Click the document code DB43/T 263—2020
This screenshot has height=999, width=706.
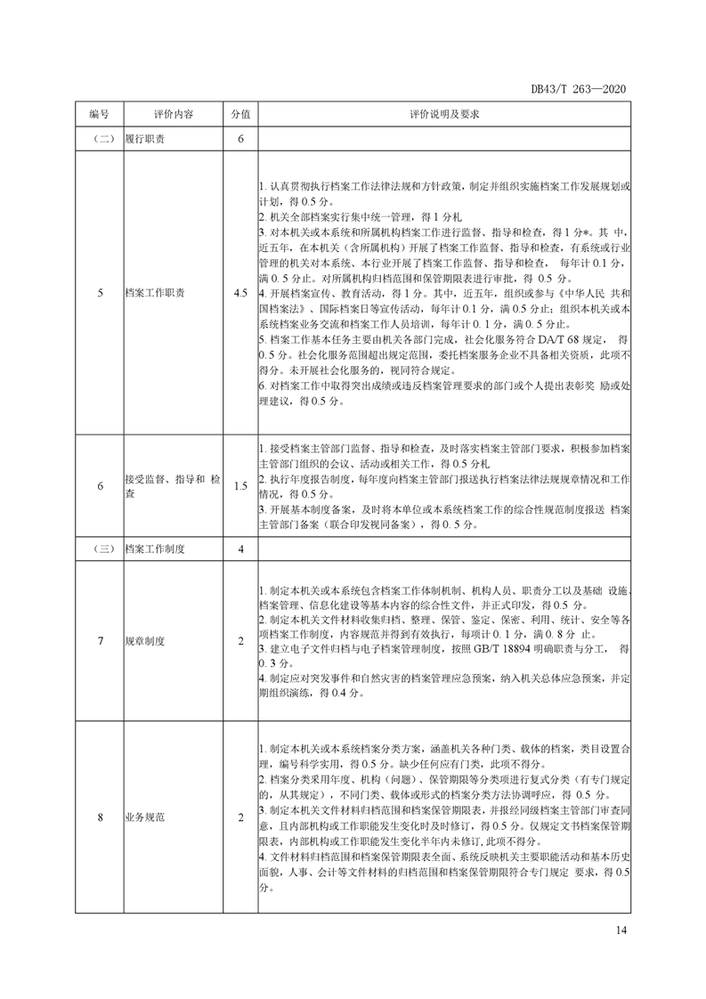(x=580, y=89)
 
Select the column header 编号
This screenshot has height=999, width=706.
(x=99, y=115)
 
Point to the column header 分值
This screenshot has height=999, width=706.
(x=240, y=115)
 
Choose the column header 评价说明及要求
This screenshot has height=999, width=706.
(x=444, y=115)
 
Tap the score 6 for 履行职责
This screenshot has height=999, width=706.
(x=240, y=141)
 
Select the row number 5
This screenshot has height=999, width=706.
(x=99, y=292)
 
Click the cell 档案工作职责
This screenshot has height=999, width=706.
(x=155, y=292)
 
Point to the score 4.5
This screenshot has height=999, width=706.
(x=240, y=292)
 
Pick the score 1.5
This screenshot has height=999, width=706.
(x=240, y=486)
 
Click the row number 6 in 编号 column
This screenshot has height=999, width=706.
(x=99, y=486)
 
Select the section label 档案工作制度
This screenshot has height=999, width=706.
(x=155, y=549)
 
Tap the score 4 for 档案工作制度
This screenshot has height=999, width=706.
(x=240, y=549)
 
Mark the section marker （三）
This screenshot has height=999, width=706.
(x=99, y=549)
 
